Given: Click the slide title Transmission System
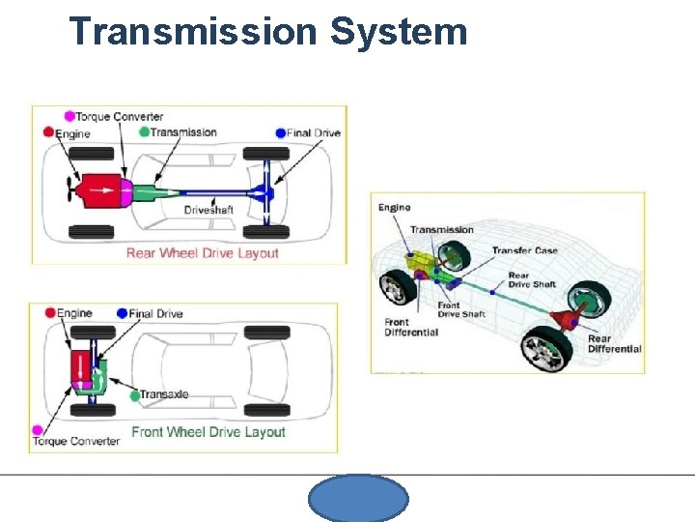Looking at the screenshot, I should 268,31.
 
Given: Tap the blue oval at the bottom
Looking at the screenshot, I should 358,499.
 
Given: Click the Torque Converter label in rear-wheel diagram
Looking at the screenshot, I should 120,117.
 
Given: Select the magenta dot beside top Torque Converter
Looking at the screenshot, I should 69,117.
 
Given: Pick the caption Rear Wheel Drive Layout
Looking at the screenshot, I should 203,253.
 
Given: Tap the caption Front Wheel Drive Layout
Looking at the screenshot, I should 208,432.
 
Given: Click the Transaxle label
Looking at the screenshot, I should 164,394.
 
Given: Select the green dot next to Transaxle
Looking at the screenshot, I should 134,394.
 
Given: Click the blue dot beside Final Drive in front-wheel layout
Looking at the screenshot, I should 122,313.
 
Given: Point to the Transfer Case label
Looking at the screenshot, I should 524,251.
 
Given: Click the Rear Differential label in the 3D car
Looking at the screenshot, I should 614,344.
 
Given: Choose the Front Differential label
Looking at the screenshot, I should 411,328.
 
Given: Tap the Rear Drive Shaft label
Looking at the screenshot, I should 532,280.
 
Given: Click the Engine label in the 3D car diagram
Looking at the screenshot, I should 394,207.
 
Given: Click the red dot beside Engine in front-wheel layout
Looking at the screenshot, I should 48,313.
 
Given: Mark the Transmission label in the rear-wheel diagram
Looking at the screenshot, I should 183,132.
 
